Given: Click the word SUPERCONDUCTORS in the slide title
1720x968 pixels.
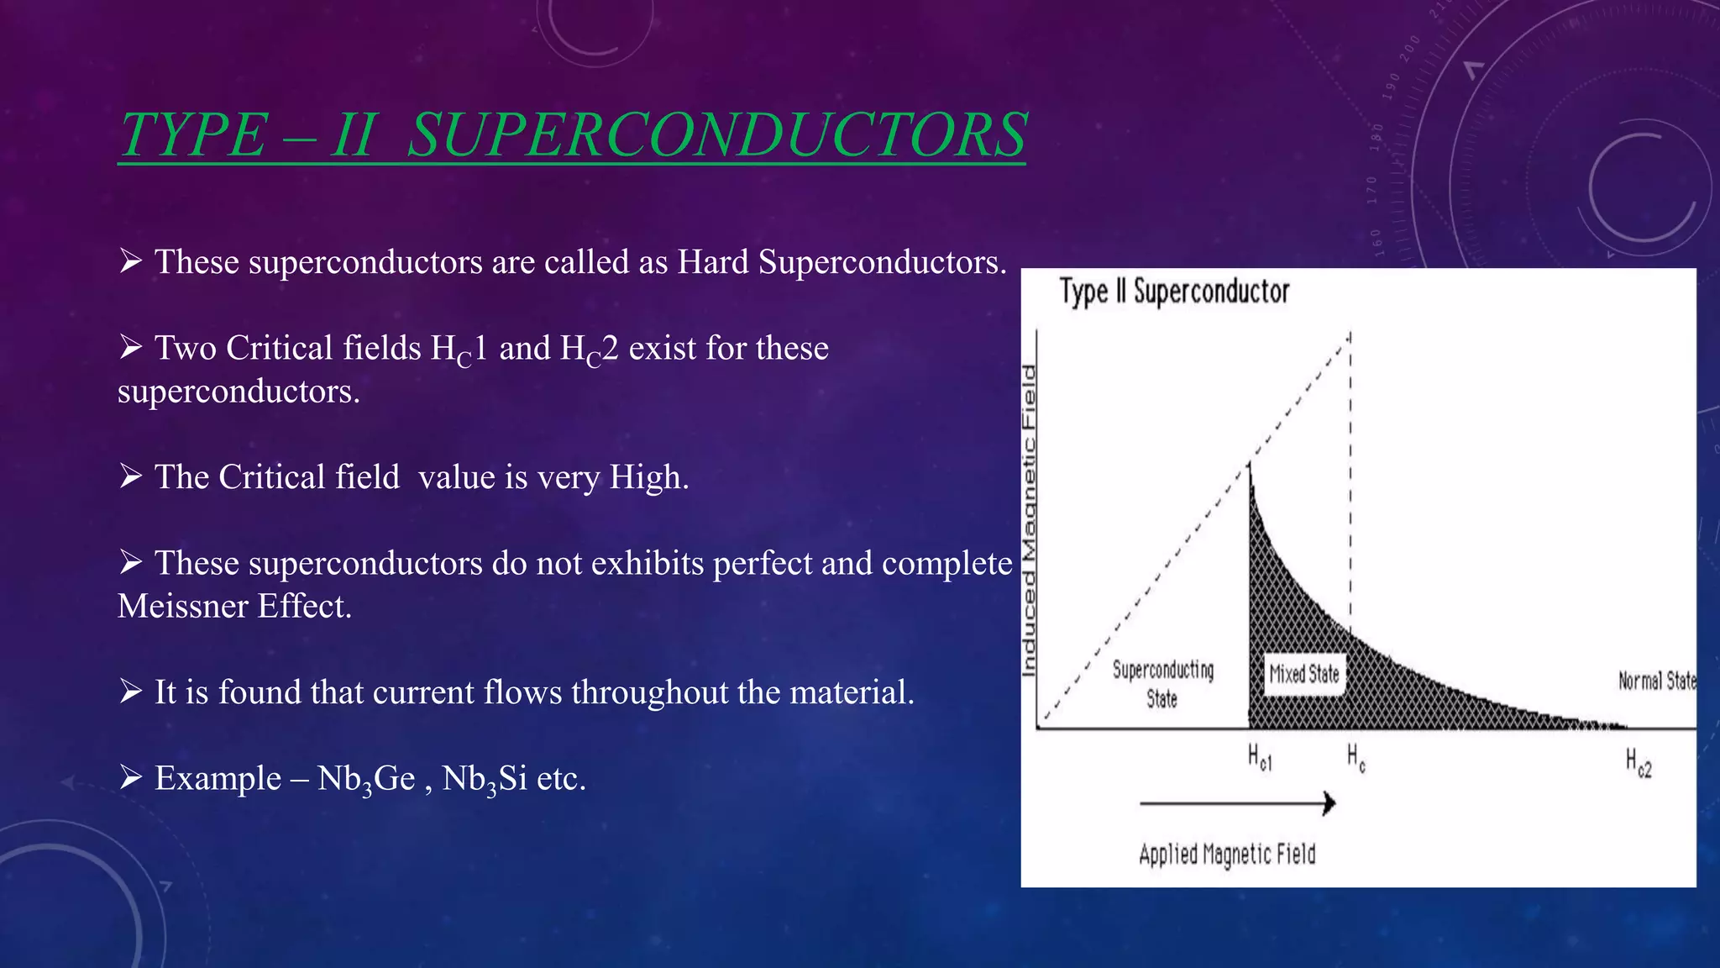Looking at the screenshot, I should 716,134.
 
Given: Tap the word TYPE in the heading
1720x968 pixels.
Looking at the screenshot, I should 193,134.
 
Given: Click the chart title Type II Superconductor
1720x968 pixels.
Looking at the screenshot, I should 1173,292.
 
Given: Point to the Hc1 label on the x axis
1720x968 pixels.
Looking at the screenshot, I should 1259,757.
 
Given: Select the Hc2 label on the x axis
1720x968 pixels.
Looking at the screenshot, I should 1638,763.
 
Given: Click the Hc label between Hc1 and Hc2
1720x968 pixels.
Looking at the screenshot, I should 1356,757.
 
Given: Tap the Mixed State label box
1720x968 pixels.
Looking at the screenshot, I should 1303,674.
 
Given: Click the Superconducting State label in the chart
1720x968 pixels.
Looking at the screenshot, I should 1163,684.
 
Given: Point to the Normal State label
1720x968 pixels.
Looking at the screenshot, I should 1656,681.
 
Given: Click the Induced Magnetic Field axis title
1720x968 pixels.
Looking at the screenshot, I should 1029,521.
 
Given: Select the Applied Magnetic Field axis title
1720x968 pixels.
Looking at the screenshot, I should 1227,855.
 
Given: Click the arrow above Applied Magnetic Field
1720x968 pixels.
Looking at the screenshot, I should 1237,803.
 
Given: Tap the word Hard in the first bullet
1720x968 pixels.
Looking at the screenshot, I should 713,262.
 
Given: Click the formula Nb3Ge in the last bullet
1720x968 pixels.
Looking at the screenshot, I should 366,779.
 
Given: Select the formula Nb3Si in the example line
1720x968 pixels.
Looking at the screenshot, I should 485,779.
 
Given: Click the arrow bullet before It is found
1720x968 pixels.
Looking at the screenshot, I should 130,692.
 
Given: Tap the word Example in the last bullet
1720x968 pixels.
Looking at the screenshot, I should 218,779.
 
